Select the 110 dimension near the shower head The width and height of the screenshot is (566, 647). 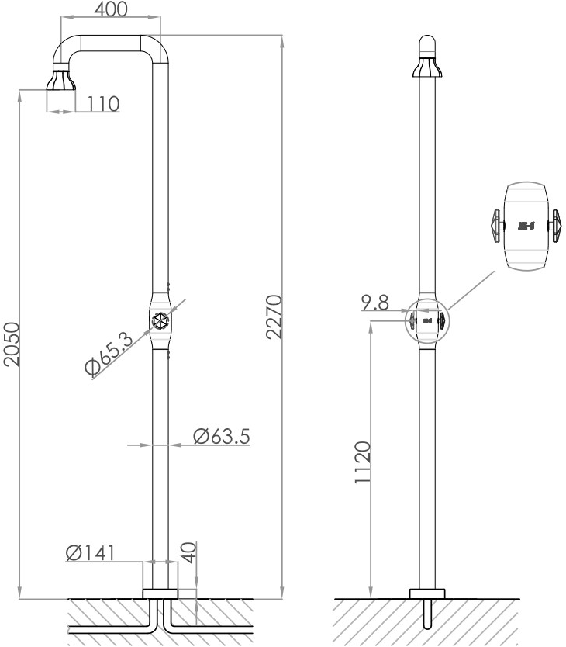coord(103,103)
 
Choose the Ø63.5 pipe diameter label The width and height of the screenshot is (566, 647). coord(221,437)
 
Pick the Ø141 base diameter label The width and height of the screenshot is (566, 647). coord(91,552)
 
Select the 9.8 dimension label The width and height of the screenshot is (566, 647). coord(374,303)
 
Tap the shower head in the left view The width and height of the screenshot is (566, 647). coord(61,81)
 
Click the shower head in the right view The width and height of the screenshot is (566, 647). coord(427,68)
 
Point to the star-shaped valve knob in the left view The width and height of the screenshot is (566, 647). coord(159,320)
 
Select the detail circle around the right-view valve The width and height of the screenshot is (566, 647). coord(427,320)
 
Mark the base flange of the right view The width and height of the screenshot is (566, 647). coord(427,593)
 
